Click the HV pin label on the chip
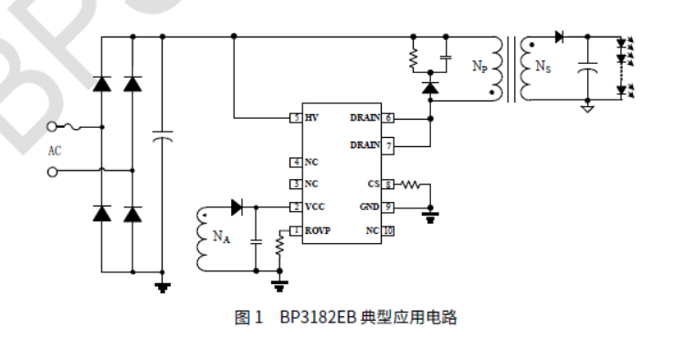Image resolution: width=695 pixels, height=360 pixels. (311, 118)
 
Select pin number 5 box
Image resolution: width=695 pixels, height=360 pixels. (296, 118)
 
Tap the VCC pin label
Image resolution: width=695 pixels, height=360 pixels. (314, 207)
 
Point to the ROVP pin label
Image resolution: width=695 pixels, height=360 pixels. (317, 230)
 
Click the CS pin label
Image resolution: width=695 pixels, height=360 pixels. (373, 185)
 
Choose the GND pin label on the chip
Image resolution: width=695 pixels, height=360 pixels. (370, 207)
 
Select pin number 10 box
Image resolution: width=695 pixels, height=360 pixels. (388, 230)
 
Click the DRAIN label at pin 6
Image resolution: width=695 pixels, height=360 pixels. (365, 118)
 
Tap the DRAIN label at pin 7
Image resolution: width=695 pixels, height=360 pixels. (365, 145)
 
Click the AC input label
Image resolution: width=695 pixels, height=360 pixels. (55, 150)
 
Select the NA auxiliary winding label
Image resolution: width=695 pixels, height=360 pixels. (221, 238)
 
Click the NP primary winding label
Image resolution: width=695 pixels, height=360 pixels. (479, 67)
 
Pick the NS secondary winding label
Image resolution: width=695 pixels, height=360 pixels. (542, 67)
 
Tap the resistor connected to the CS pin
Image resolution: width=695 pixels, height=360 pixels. (410, 185)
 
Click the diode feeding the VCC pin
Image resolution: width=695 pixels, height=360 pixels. (238, 207)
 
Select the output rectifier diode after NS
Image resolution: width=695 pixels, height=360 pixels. (558, 37)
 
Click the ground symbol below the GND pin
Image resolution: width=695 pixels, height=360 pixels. (430, 217)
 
